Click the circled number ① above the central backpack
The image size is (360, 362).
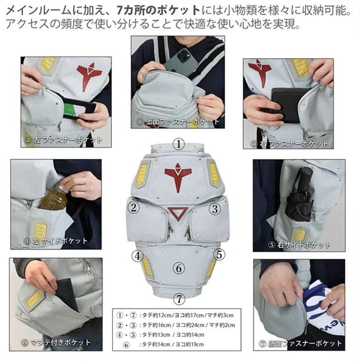(x=180, y=144)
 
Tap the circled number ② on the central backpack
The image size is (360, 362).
(x=133, y=208)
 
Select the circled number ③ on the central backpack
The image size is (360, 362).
(x=214, y=209)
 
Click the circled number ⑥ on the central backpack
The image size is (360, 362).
(x=179, y=268)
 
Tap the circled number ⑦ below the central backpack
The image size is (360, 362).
(x=179, y=298)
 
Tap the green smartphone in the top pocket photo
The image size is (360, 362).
(x=181, y=61)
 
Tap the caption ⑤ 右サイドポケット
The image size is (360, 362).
(x=299, y=245)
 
